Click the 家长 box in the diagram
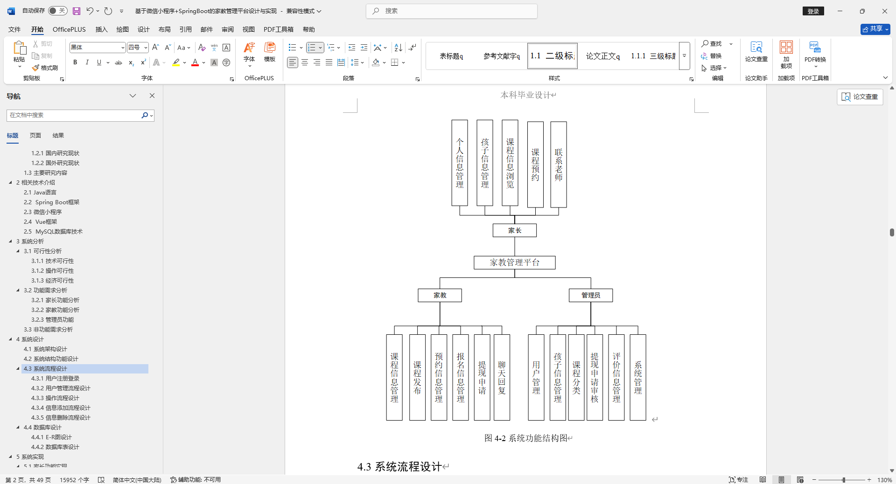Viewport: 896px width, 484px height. tap(514, 230)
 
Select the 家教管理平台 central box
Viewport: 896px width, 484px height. tap(514, 263)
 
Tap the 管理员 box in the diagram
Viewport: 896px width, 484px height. tap(590, 295)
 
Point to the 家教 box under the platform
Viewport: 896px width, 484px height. tap(440, 295)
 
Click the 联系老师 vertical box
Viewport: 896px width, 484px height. tap(558, 165)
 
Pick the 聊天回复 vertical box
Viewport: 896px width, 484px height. tap(502, 377)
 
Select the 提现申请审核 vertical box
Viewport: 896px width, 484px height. tap(595, 377)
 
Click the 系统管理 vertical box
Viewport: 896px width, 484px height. tap(637, 377)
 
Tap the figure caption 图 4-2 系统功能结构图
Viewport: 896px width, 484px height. tap(528, 438)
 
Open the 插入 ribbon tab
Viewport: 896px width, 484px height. tap(101, 29)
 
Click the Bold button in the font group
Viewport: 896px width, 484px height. tap(75, 62)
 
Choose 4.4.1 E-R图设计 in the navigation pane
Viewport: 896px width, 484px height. tap(51, 437)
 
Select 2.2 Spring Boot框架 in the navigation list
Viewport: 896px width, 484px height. tap(52, 202)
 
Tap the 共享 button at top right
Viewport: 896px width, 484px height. tap(875, 29)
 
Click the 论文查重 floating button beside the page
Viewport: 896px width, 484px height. tap(860, 97)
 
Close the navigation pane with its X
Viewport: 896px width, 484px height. tap(152, 96)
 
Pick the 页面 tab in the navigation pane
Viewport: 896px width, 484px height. tap(35, 136)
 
